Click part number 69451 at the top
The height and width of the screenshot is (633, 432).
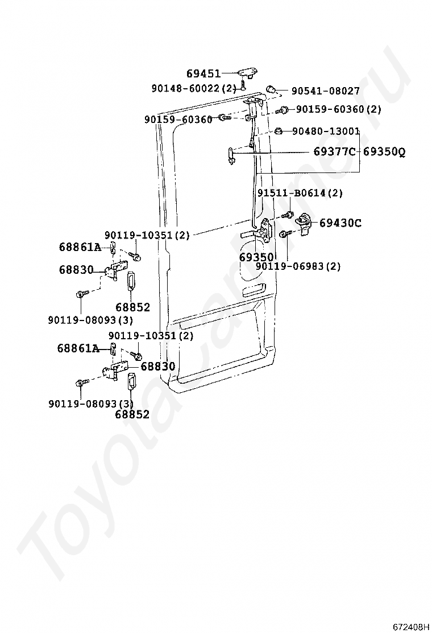pyautogui.click(x=203, y=73)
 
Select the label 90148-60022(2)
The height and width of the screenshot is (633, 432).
pyautogui.click(x=193, y=88)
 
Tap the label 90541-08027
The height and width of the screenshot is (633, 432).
pyautogui.click(x=326, y=91)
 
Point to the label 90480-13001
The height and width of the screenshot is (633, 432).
pyautogui.click(x=326, y=131)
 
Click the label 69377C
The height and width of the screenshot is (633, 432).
pyautogui.click(x=334, y=152)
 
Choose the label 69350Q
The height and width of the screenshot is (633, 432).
pyautogui.click(x=384, y=152)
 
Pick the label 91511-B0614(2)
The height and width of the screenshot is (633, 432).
pyautogui.click(x=300, y=193)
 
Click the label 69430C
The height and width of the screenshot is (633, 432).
pyautogui.click(x=340, y=223)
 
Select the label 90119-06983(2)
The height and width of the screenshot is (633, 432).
pyautogui.click(x=298, y=266)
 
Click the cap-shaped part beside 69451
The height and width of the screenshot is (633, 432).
pyautogui.click(x=247, y=72)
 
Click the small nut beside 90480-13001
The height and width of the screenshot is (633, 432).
pyautogui.click(x=279, y=131)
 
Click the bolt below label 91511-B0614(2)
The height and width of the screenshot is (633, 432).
pyautogui.click(x=288, y=215)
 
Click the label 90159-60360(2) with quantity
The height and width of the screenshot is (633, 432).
pyautogui.click(x=338, y=109)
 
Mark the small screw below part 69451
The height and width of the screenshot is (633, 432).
pyautogui.click(x=243, y=86)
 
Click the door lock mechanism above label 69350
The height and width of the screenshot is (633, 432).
pyautogui.click(x=265, y=231)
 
